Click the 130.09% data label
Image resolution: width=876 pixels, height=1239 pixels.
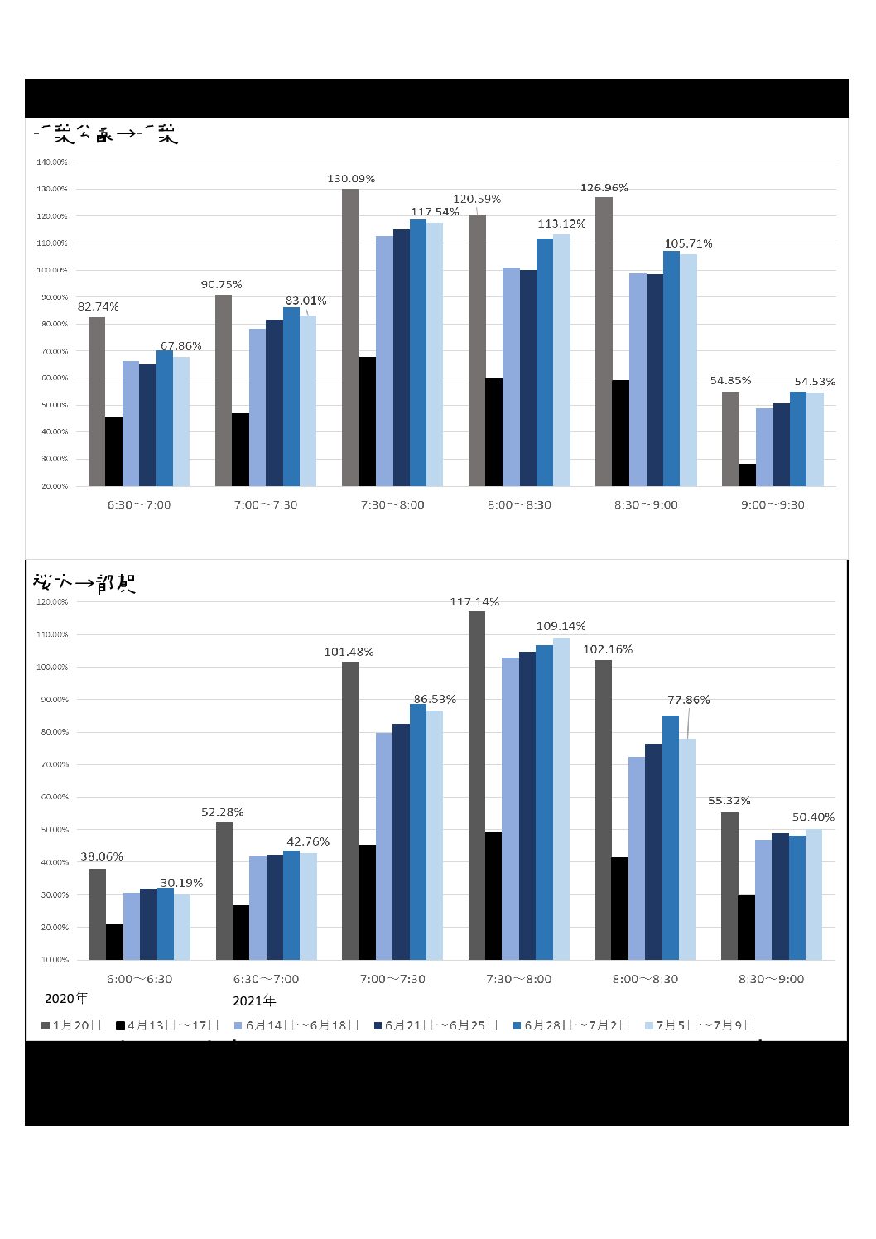(351, 179)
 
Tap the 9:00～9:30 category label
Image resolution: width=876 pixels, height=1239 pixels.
(773, 504)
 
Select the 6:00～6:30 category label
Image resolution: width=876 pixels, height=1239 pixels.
(140, 979)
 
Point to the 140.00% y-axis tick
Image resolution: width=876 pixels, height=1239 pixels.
(52, 162)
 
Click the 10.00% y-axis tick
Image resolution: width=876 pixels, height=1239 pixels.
(52, 960)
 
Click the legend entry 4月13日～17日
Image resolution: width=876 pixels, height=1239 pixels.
(167, 1025)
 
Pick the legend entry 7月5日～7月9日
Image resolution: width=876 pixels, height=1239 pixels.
(700, 1025)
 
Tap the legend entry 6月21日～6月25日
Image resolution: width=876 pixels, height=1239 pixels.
(436, 1025)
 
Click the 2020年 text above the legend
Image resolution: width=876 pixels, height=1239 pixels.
(66, 998)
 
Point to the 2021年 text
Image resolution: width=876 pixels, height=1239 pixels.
(254, 1000)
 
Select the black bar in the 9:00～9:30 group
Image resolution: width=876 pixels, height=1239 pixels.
(747, 475)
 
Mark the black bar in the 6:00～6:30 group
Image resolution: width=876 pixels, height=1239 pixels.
(114, 942)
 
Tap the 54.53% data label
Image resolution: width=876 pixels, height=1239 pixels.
(815, 382)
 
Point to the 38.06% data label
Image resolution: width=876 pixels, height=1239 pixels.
(101, 856)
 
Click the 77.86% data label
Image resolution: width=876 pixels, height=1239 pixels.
(689, 700)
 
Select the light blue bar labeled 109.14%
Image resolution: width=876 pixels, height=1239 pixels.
(561, 798)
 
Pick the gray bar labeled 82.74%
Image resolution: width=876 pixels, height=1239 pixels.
(97, 402)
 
